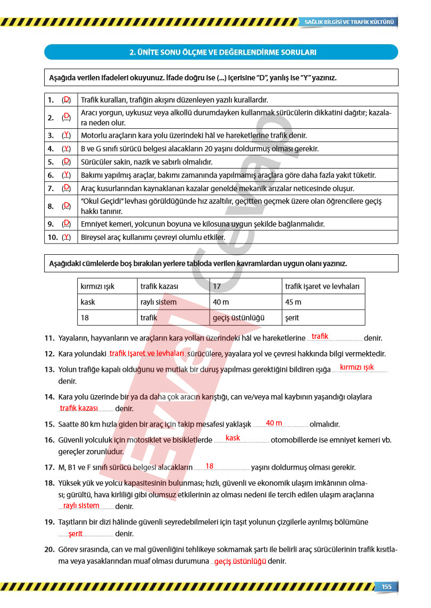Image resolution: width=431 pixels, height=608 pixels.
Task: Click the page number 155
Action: point(386,586)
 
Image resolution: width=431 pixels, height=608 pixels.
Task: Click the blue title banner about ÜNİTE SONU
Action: point(221,52)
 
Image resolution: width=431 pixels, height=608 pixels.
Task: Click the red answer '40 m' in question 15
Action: point(273,423)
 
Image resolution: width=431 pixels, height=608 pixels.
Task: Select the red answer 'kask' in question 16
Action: point(233,438)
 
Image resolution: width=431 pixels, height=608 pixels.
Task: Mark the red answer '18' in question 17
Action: point(209,466)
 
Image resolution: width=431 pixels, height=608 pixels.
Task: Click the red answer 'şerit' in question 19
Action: point(76,533)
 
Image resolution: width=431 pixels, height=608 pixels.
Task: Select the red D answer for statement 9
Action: point(66,223)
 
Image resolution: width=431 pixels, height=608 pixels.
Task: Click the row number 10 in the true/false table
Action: point(52,237)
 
